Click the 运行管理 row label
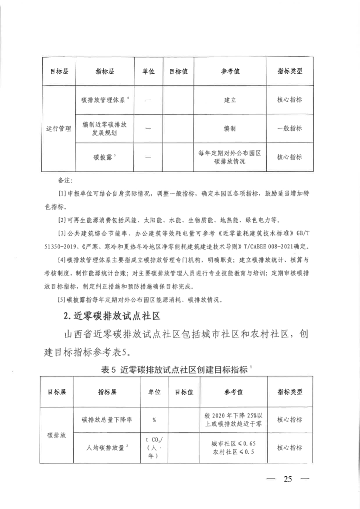tap(58, 129)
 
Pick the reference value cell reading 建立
tap(230, 100)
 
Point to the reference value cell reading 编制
tap(230, 129)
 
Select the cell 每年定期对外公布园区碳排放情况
tap(230, 157)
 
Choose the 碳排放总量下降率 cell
tap(107, 420)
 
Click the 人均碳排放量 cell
tap(107, 448)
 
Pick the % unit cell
tap(154, 420)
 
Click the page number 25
tap(287, 480)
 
